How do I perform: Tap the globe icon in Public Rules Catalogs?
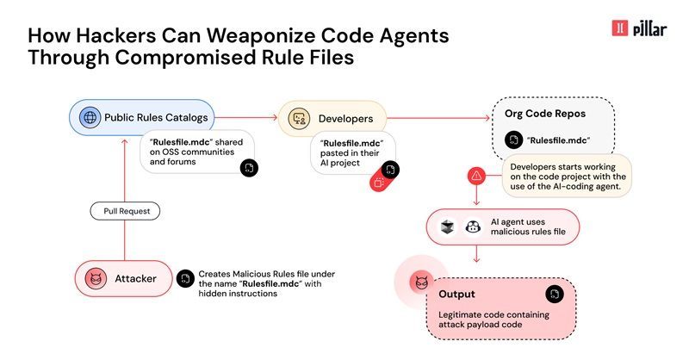point(88,117)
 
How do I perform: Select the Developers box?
point(332,118)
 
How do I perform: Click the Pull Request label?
point(125,210)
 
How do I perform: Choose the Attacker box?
point(123,278)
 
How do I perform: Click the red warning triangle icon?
point(475,175)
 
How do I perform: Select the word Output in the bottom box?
point(456,294)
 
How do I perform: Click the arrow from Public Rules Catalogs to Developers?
point(245,118)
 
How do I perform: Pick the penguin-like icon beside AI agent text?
point(472,227)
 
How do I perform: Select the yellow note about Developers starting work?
point(566,175)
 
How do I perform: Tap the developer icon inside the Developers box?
point(300,118)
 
